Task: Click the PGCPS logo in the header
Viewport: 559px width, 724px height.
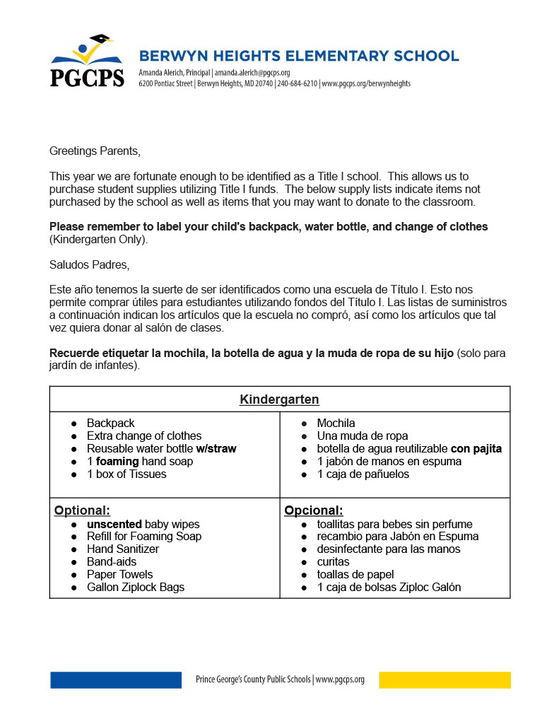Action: coord(87,62)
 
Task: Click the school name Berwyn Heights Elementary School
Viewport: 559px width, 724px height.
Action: coord(299,56)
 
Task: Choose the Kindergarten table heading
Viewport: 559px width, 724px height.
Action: coord(279,399)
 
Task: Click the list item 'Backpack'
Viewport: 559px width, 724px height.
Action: coord(110,423)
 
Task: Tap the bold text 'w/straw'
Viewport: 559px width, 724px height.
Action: coord(216,448)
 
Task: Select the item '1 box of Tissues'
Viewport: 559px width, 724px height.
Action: coord(126,474)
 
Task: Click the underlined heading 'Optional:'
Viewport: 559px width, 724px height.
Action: coord(82,510)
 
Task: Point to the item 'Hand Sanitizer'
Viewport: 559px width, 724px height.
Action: coord(123,549)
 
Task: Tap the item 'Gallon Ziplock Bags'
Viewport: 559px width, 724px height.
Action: coord(136,588)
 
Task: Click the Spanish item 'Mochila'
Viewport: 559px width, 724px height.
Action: coord(336,423)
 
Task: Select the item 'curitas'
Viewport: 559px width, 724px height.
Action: coord(333,562)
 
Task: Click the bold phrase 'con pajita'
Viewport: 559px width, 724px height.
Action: coord(476,448)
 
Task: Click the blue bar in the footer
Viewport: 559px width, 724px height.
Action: coord(116,679)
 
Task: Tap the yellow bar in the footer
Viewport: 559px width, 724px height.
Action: coord(445,679)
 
